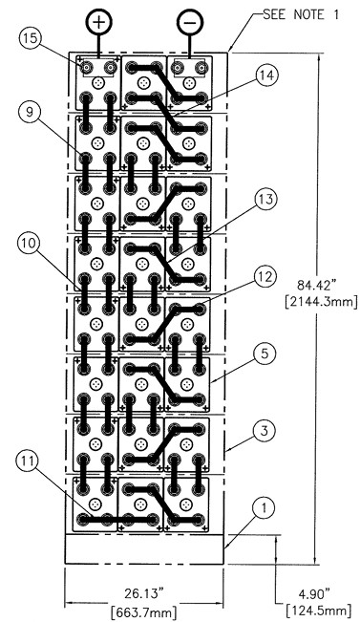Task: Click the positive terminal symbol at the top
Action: pyautogui.click(x=98, y=21)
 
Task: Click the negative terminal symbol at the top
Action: pyautogui.click(x=190, y=21)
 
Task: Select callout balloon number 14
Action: pyautogui.click(x=266, y=75)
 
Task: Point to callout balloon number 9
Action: pyautogui.click(x=30, y=112)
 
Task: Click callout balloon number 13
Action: pyautogui.click(x=265, y=199)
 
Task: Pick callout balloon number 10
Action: pyautogui.click(x=30, y=243)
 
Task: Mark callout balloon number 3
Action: pyautogui.click(x=265, y=430)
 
